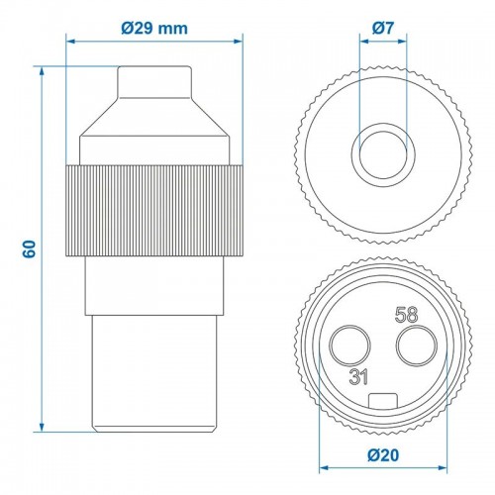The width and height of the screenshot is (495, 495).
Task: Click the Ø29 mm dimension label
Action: tap(154, 27)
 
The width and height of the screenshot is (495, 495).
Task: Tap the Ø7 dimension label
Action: tap(382, 29)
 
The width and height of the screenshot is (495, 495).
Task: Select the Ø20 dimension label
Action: tap(382, 456)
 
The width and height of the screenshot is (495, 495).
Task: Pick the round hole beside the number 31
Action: tap(351, 347)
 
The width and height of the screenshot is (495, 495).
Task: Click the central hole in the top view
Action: tap(382, 148)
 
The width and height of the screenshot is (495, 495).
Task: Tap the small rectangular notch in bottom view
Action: tap(382, 401)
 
